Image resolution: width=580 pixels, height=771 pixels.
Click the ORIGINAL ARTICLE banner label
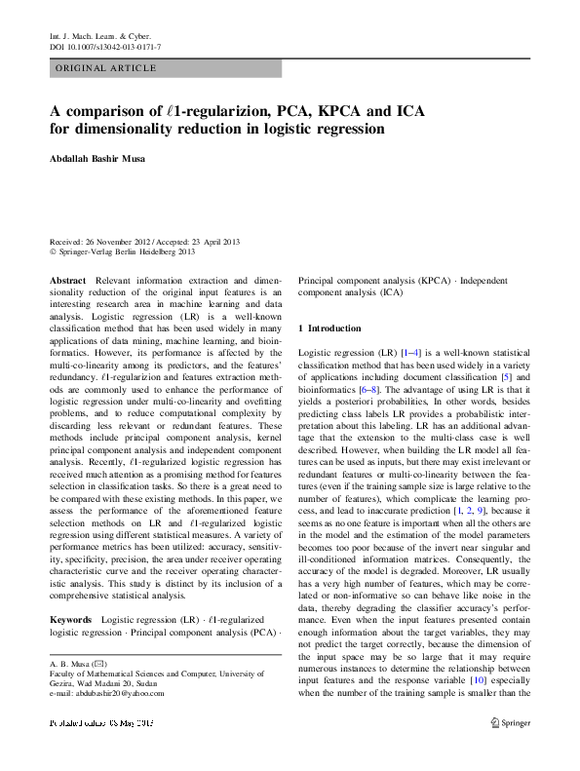[105, 68]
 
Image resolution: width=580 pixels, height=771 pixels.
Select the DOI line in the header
[105, 46]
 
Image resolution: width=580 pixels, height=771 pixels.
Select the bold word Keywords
[70, 593]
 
